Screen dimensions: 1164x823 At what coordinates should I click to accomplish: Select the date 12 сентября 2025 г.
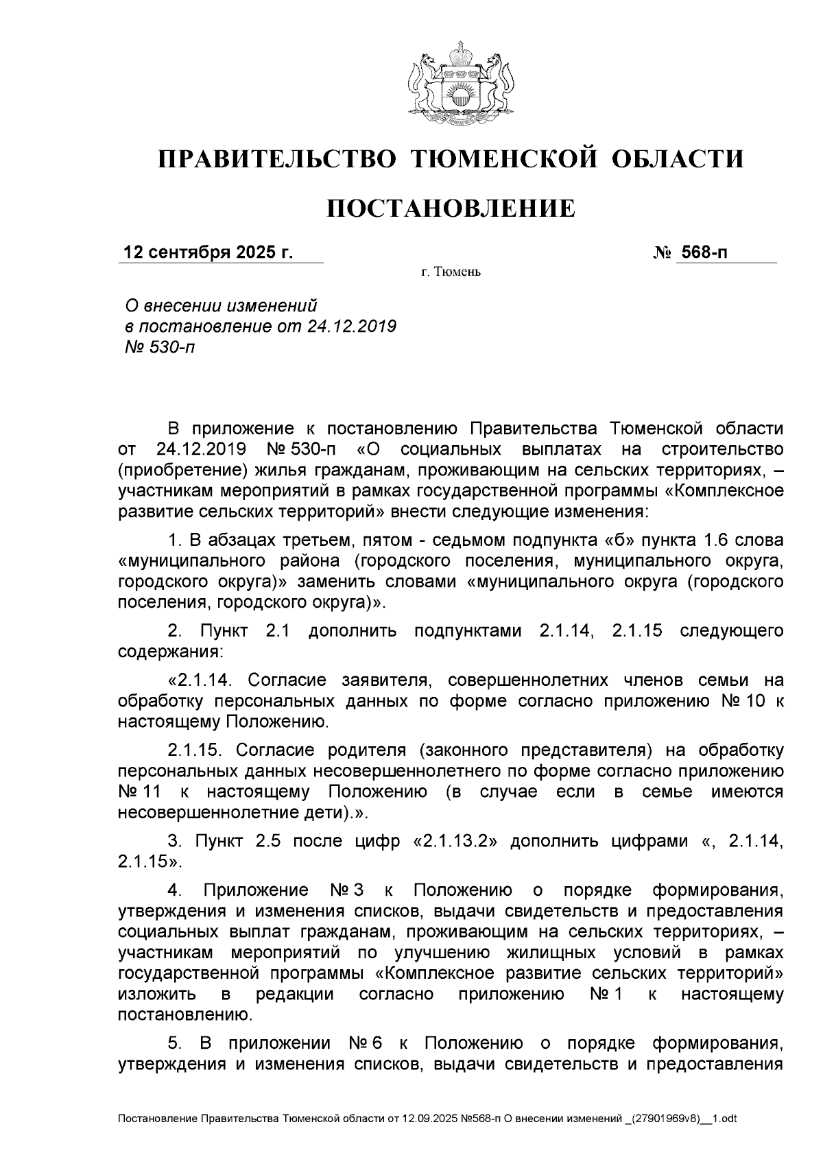click(x=207, y=252)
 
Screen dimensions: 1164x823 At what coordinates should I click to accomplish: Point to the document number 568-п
click(x=702, y=252)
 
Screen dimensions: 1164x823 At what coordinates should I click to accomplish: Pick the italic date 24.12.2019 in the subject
click(x=352, y=326)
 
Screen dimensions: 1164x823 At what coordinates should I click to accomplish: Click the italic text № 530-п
click(x=156, y=347)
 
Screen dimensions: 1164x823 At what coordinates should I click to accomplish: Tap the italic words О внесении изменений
click(x=219, y=305)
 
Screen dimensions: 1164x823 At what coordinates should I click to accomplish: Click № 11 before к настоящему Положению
click(x=140, y=792)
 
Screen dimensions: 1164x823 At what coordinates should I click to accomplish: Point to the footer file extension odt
click(x=729, y=1119)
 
